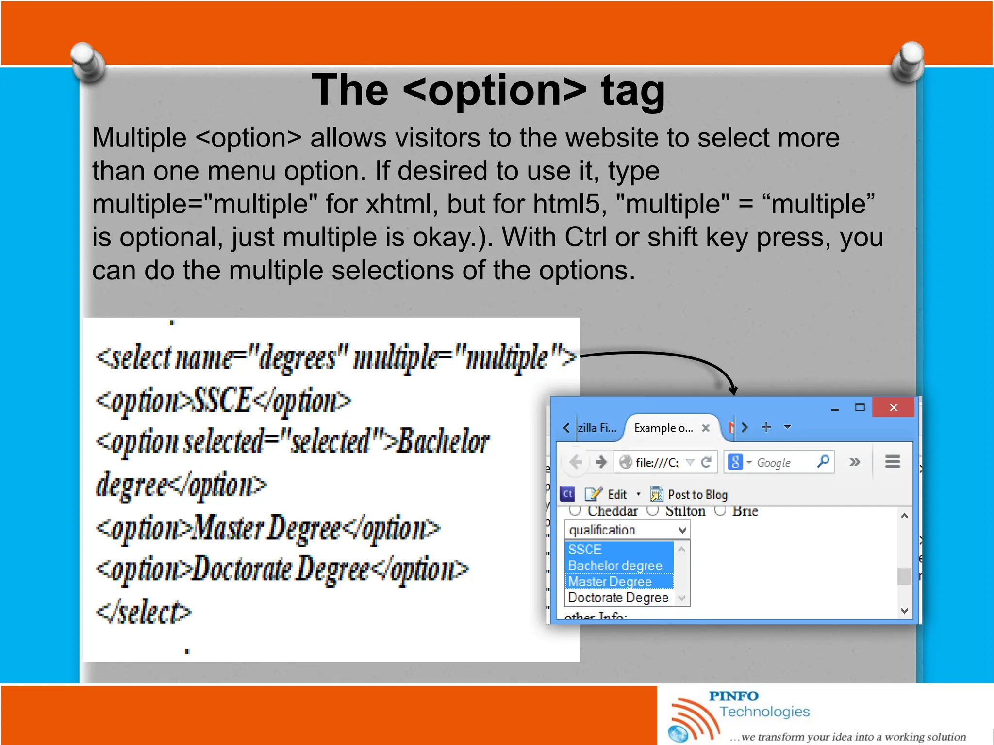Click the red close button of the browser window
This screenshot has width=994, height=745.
click(x=893, y=407)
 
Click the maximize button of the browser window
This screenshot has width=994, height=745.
click(x=860, y=407)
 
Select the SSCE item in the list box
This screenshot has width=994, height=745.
click(x=585, y=550)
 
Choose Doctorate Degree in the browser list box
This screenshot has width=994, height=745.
click(x=618, y=598)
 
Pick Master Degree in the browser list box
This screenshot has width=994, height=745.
click(x=610, y=582)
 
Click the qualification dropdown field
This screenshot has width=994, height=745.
click(x=627, y=530)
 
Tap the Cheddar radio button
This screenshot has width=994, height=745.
click(x=575, y=510)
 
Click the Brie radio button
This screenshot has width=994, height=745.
click(x=720, y=510)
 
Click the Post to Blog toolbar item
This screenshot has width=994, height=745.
click(x=689, y=494)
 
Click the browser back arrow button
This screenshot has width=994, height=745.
click(x=576, y=462)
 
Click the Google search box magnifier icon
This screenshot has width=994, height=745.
click(x=823, y=462)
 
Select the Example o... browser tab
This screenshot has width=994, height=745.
click(x=664, y=428)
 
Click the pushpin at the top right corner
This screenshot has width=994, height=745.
click(x=908, y=61)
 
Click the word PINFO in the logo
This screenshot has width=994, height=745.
click(x=733, y=696)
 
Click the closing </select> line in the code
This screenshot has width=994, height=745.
click(x=144, y=613)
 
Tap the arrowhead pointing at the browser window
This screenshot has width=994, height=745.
click(x=733, y=390)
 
